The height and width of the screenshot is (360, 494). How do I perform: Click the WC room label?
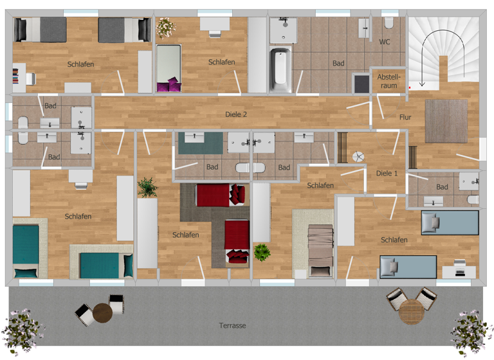(x=385, y=42)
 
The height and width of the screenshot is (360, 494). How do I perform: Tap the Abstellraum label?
(x=389, y=80)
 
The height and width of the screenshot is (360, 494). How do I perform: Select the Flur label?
(x=405, y=117)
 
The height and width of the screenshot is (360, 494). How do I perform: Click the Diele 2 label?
(x=237, y=114)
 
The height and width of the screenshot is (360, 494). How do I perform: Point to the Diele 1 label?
(x=386, y=173)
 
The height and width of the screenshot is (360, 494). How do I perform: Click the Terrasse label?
(x=232, y=325)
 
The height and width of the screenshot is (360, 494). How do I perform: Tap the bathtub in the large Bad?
(x=281, y=69)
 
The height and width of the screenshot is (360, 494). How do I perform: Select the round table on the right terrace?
(x=410, y=312)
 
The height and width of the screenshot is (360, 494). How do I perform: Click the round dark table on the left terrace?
(x=102, y=314)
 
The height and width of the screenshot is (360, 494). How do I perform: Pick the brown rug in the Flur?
(x=446, y=121)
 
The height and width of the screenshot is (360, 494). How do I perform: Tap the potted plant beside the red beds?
(x=147, y=187)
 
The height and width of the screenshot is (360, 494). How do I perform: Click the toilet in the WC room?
(x=388, y=23)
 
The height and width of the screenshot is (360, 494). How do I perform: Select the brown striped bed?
(x=318, y=249)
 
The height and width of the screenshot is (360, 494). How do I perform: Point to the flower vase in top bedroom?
(x=165, y=27)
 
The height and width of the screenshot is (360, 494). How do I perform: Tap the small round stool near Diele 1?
(x=358, y=156)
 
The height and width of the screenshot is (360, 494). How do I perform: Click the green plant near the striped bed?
(x=261, y=252)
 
